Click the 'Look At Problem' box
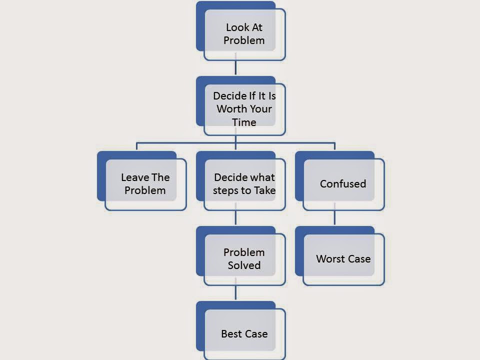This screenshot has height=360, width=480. (244, 34)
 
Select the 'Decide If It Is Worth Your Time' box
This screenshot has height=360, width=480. (244, 109)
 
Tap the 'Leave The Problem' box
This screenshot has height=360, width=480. (145, 183)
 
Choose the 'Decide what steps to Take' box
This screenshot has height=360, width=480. (244, 183)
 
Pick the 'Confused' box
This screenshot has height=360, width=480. (343, 183)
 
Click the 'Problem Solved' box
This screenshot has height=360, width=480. (244, 259)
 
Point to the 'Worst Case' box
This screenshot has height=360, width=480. (343, 259)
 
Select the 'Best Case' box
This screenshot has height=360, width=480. (244, 333)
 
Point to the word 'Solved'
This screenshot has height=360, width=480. (244, 265)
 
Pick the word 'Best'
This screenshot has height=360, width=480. (230, 333)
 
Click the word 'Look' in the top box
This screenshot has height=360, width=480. (237, 27)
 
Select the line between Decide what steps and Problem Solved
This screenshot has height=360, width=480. (235, 218)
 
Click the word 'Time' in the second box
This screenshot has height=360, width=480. (244, 122)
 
